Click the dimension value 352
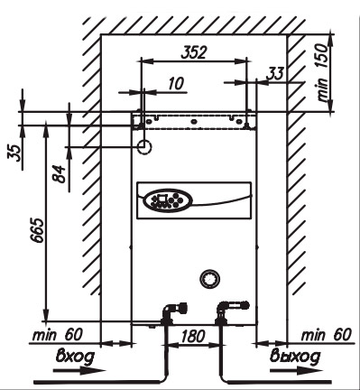[x=194, y=51]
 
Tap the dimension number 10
[x=176, y=83]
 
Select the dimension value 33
[x=276, y=73]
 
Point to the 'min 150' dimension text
[x=323, y=72]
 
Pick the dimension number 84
[x=60, y=174]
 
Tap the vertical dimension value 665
[x=38, y=230]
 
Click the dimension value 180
[x=193, y=336]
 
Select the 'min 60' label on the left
[x=57, y=335]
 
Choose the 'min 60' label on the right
[x=327, y=335]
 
